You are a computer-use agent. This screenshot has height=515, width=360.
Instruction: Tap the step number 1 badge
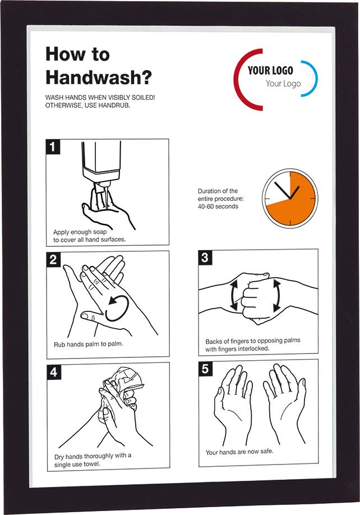tap(53, 147)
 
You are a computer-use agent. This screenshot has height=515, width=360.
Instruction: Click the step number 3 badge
tap(205, 257)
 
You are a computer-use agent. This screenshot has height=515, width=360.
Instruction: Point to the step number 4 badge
tap(54, 371)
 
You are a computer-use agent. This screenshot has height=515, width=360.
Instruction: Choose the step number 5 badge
tap(205, 368)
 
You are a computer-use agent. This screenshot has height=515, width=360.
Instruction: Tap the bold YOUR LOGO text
tap(270, 71)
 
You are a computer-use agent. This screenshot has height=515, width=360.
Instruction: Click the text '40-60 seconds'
tap(218, 206)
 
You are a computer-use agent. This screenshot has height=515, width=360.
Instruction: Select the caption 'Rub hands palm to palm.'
tap(88, 344)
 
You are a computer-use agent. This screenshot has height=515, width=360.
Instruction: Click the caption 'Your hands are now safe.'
tap(239, 452)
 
